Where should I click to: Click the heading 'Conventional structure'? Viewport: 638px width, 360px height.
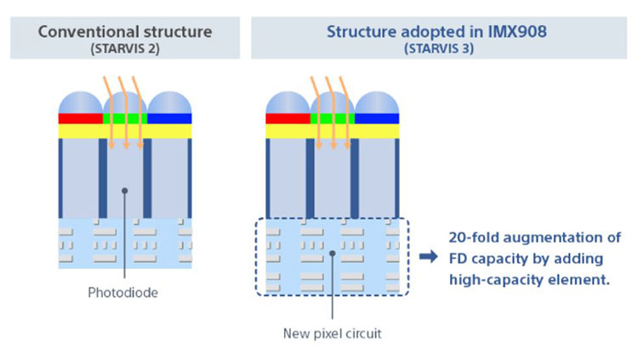tap(125, 32)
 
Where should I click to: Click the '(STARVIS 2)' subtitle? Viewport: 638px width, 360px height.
tap(125, 49)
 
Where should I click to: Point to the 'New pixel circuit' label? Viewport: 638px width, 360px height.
tap(332, 332)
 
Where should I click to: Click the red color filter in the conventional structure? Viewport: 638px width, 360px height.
tap(80, 118)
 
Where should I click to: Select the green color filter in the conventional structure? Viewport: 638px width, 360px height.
tap(125, 118)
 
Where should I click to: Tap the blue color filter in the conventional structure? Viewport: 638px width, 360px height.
tap(170, 118)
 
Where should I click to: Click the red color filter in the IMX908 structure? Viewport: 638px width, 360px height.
tap(288, 118)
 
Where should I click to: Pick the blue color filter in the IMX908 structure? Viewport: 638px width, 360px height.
tap(378, 118)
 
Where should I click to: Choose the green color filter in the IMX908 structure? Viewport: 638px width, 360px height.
tap(333, 118)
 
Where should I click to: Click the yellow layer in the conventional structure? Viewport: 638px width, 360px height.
tap(125, 130)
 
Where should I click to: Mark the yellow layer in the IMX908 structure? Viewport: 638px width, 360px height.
tap(333, 130)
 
